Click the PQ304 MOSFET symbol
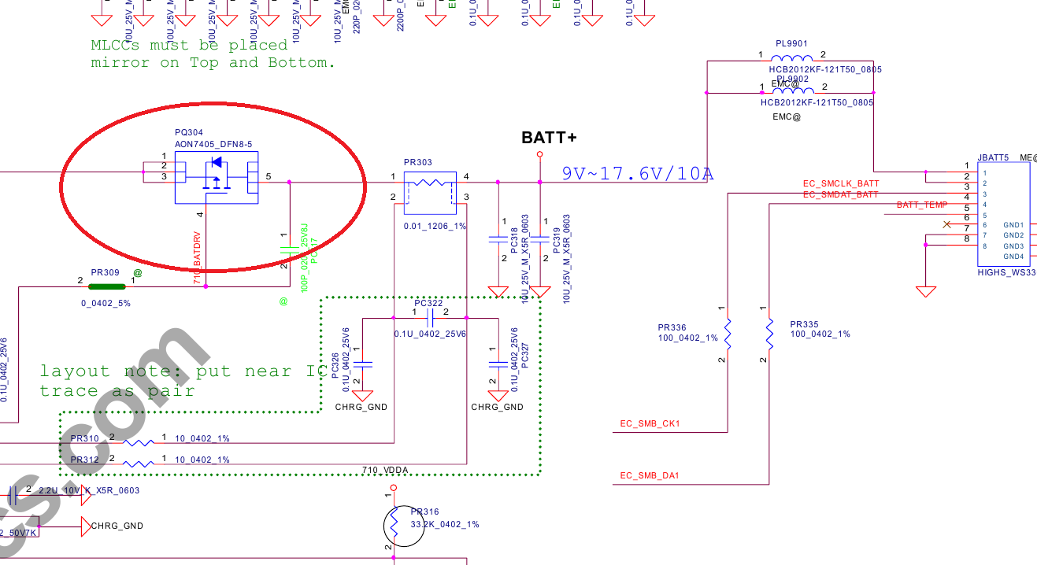(x=216, y=177)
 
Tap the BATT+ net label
(x=549, y=138)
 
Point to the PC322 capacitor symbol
(x=429, y=318)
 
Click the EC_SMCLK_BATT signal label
(x=840, y=184)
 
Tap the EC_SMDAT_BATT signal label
(x=840, y=194)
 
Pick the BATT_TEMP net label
(x=922, y=205)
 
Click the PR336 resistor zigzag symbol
(x=728, y=334)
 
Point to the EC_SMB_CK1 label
(x=650, y=424)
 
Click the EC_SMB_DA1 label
(x=650, y=475)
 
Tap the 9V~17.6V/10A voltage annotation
(x=637, y=173)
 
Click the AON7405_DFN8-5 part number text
(x=213, y=144)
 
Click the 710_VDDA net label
(x=385, y=470)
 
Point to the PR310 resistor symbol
(x=139, y=443)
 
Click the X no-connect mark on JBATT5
(x=946, y=225)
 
